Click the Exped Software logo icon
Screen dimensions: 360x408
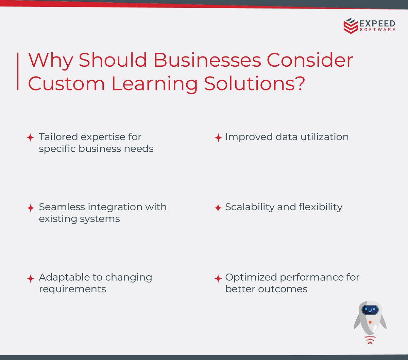[x=351, y=26]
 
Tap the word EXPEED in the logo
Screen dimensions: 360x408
[x=377, y=23]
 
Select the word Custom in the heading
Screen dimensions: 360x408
[x=66, y=83]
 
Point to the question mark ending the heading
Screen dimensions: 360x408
[x=299, y=83]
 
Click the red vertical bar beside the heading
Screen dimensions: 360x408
[x=18, y=71]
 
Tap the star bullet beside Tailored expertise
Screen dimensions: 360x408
[x=30, y=137]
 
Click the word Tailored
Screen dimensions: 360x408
[x=58, y=137]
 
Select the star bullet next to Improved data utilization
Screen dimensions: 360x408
[x=218, y=137]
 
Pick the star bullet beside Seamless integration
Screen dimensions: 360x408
[x=30, y=208]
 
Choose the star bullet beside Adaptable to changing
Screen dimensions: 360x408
[x=30, y=278]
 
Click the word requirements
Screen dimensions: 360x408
[x=72, y=289]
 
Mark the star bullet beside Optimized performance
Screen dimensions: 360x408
[x=218, y=278]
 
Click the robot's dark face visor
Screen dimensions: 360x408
[x=370, y=310]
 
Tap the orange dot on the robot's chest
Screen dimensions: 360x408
[x=370, y=322]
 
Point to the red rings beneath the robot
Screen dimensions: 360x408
[x=370, y=340]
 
